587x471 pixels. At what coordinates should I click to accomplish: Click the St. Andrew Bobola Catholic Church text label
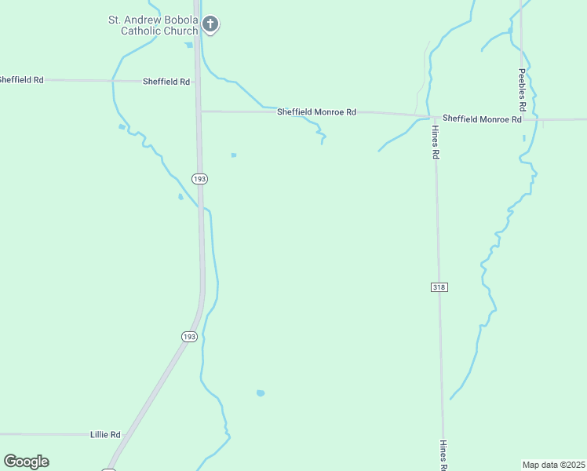click(x=153, y=25)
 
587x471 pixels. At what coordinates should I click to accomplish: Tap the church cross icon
click(x=210, y=24)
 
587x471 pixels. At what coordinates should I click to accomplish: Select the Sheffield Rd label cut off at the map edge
click(x=21, y=80)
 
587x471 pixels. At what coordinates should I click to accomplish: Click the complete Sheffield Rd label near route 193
click(x=166, y=82)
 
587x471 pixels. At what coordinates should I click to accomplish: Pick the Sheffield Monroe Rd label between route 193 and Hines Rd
click(x=316, y=112)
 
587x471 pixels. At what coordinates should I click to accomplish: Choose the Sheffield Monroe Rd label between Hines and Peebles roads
click(x=482, y=119)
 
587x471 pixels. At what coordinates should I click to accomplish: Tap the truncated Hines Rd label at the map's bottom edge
click(x=443, y=456)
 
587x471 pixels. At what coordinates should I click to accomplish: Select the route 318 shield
click(x=439, y=287)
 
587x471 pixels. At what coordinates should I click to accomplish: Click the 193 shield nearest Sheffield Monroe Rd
click(x=200, y=179)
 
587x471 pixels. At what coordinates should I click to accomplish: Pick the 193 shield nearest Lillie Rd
click(x=189, y=336)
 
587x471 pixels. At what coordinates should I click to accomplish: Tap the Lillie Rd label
click(x=105, y=434)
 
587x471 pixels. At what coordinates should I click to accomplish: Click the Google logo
click(x=26, y=462)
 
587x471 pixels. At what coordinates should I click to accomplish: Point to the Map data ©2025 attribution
click(x=553, y=465)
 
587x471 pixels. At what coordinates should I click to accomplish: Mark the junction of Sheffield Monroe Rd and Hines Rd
click(x=434, y=117)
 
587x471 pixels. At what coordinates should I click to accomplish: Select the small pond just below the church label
click(x=188, y=45)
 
